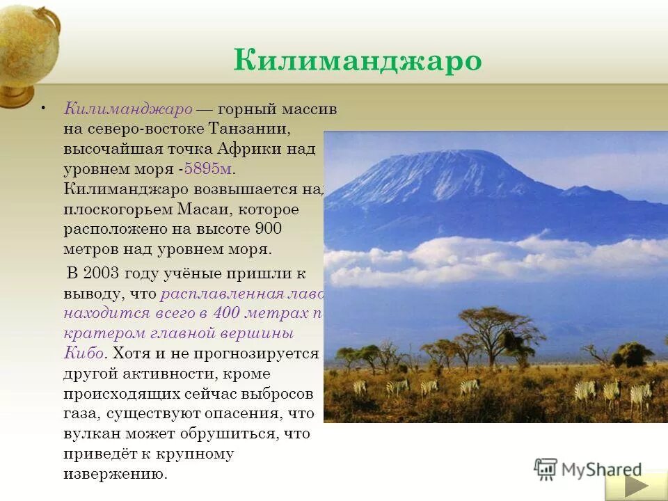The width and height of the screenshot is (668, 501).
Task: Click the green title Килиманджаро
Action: pos(358,60)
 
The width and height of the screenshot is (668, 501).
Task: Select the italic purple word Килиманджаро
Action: pos(128,109)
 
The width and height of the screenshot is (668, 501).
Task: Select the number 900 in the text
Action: pos(268,229)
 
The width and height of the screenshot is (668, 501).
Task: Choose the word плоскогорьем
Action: pos(109,209)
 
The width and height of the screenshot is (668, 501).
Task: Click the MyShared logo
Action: pos(588,469)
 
